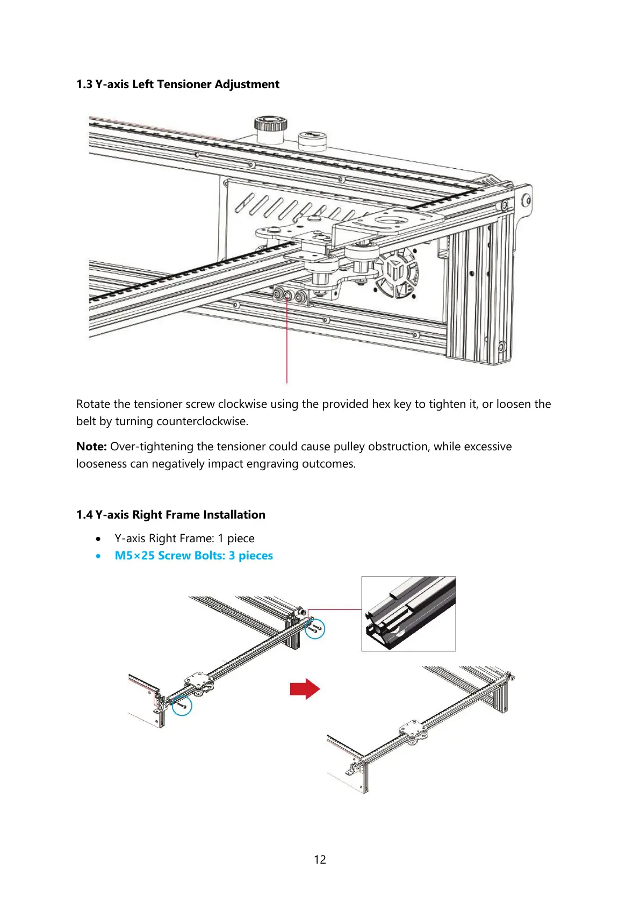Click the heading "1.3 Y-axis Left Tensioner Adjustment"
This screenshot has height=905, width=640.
click(177, 84)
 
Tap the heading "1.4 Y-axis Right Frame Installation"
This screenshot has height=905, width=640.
click(170, 515)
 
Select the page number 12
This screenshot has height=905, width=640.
click(320, 859)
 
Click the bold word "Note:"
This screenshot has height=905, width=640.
click(91, 447)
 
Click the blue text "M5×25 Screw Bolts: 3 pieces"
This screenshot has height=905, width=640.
click(193, 556)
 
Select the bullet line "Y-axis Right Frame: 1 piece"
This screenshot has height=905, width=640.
click(184, 538)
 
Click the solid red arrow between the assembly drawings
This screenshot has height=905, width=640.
click(305, 688)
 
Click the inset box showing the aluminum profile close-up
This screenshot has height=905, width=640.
click(408, 614)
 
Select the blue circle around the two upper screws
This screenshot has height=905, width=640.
click(315, 628)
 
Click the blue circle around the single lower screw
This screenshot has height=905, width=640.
click(182, 705)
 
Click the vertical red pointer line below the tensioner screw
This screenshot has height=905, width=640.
click(287, 344)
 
